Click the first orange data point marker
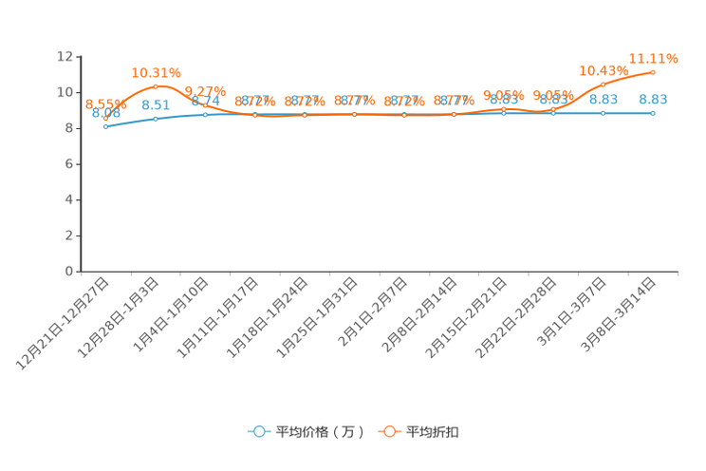pyautogui.click(x=105, y=119)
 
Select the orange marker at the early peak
pyautogui.click(x=156, y=87)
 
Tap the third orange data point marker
pyautogui.click(x=205, y=104)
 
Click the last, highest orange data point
pyautogui.click(x=653, y=72)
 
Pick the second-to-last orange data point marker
pyautogui.click(x=603, y=84)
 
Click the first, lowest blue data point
pyautogui.click(x=105, y=126)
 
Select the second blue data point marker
pyautogui.click(x=156, y=119)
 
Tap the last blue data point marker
pyautogui.click(x=653, y=112)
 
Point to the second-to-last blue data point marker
pyautogui.click(x=603, y=112)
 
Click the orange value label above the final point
pyautogui.click(x=654, y=58)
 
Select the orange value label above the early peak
pyautogui.click(x=156, y=72)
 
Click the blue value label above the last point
pyautogui.click(x=653, y=98)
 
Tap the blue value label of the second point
pyautogui.click(x=155, y=104)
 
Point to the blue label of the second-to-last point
pyautogui.click(x=604, y=98)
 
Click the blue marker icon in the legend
pyautogui.click(x=258, y=431)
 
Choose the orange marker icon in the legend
pyautogui.click(x=388, y=431)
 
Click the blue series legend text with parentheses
pyautogui.click(x=320, y=432)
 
